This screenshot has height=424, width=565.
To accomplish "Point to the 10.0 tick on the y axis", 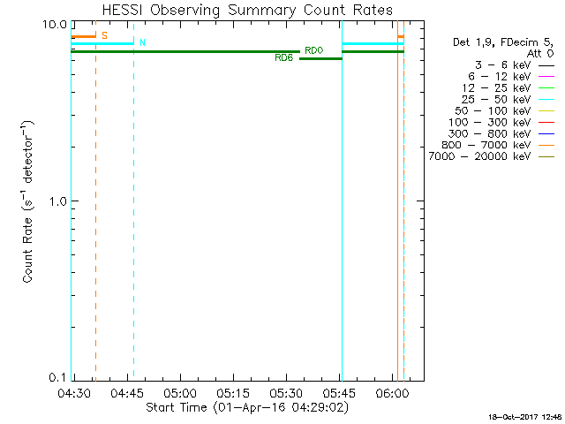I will click(x=56, y=24).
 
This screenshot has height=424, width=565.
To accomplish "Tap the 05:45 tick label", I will click(x=339, y=392).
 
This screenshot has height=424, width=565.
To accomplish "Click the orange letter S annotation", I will click(x=104, y=36).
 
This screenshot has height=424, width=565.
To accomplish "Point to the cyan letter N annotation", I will click(x=143, y=43).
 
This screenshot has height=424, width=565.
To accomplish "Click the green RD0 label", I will click(x=313, y=50).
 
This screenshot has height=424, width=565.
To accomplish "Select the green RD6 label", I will click(x=283, y=58).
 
